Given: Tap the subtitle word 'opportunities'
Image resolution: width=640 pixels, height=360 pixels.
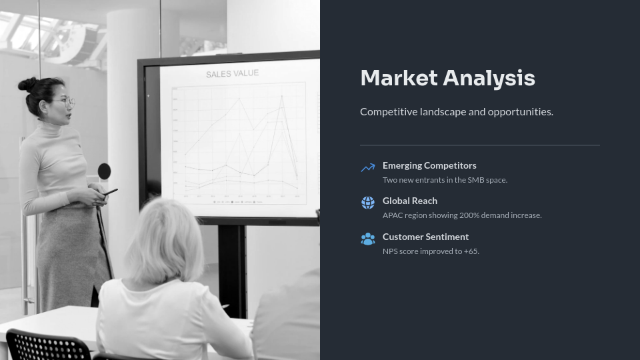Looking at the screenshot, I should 520,111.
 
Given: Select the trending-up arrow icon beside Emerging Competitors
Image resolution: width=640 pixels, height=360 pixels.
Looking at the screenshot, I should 368,168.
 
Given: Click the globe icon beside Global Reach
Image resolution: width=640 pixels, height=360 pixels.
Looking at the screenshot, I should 368,203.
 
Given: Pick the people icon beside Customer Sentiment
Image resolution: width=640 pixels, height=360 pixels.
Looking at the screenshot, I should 368,239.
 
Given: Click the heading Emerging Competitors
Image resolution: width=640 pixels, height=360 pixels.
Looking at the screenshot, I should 429,165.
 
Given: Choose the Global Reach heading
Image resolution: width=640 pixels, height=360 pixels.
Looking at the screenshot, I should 410,201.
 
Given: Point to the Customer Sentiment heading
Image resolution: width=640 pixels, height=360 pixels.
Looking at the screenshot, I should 425,237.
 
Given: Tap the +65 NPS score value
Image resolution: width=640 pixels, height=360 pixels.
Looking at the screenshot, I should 471,251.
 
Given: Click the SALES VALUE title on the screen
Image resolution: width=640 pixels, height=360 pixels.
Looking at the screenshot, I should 232,74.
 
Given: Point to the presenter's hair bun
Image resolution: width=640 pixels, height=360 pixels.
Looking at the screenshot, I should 27,84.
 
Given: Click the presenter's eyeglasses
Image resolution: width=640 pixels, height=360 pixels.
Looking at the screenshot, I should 65,102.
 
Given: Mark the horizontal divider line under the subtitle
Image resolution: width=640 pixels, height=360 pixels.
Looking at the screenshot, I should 480,145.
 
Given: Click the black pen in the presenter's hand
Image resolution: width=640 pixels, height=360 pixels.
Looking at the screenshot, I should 110,192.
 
